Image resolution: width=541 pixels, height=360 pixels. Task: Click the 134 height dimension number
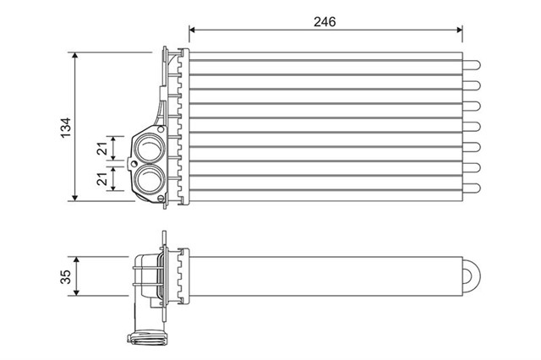pyautogui.click(x=64, y=127)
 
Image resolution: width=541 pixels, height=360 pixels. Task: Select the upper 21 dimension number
pyautogui.click(x=102, y=149)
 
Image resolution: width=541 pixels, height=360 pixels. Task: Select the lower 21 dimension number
pyautogui.click(x=102, y=179)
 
